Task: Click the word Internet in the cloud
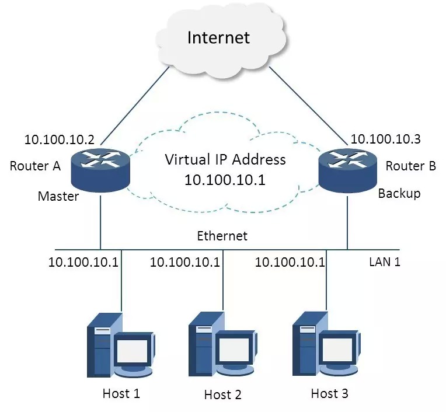[218, 38]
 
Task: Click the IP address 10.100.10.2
[60, 139]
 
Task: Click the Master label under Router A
[58, 196]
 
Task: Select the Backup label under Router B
[399, 193]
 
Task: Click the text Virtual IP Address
[225, 159]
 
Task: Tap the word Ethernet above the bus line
[222, 236]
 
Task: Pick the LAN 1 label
[385, 261]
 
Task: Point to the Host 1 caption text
[121, 393]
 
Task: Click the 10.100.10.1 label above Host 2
[185, 262]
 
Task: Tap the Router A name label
[36, 166]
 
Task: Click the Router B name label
[411, 166]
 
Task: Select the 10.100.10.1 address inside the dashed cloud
[225, 180]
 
